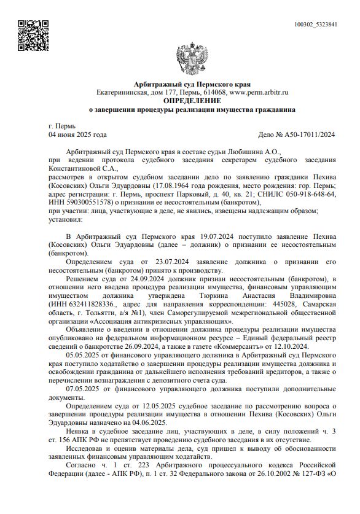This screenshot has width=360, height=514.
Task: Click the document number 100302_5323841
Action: (x=316, y=24)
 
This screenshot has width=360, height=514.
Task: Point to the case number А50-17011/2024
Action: (x=305, y=134)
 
